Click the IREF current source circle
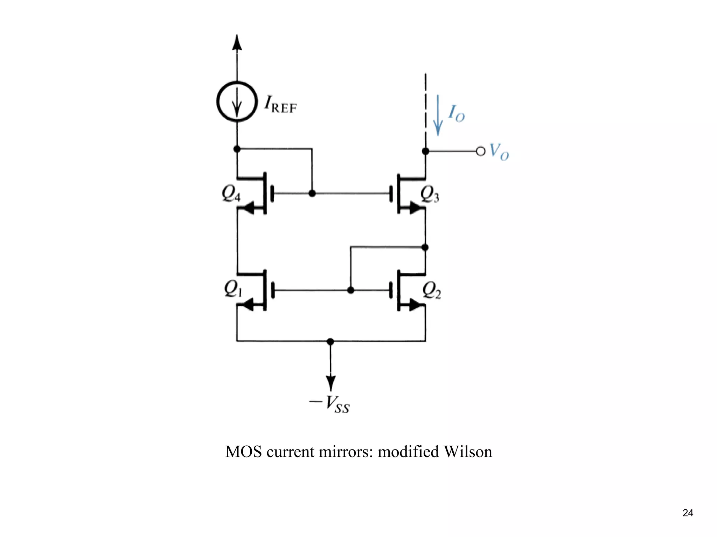point(237,102)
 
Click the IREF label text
point(280,104)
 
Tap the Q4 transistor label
point(231,193)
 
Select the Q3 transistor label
point(430,194)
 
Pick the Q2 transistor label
point(431,291)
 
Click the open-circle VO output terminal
point(481,151)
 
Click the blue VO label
point(499,152)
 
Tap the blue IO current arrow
point(438,116)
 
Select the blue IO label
point(457,113)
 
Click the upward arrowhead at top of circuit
point(237,42)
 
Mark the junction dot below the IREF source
point(237,149)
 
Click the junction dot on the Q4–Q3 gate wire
point(312,193)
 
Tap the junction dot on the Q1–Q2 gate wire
point(350,290)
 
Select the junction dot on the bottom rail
point(330,341)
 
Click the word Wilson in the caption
point(468,452)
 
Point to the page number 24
point(688,513)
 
